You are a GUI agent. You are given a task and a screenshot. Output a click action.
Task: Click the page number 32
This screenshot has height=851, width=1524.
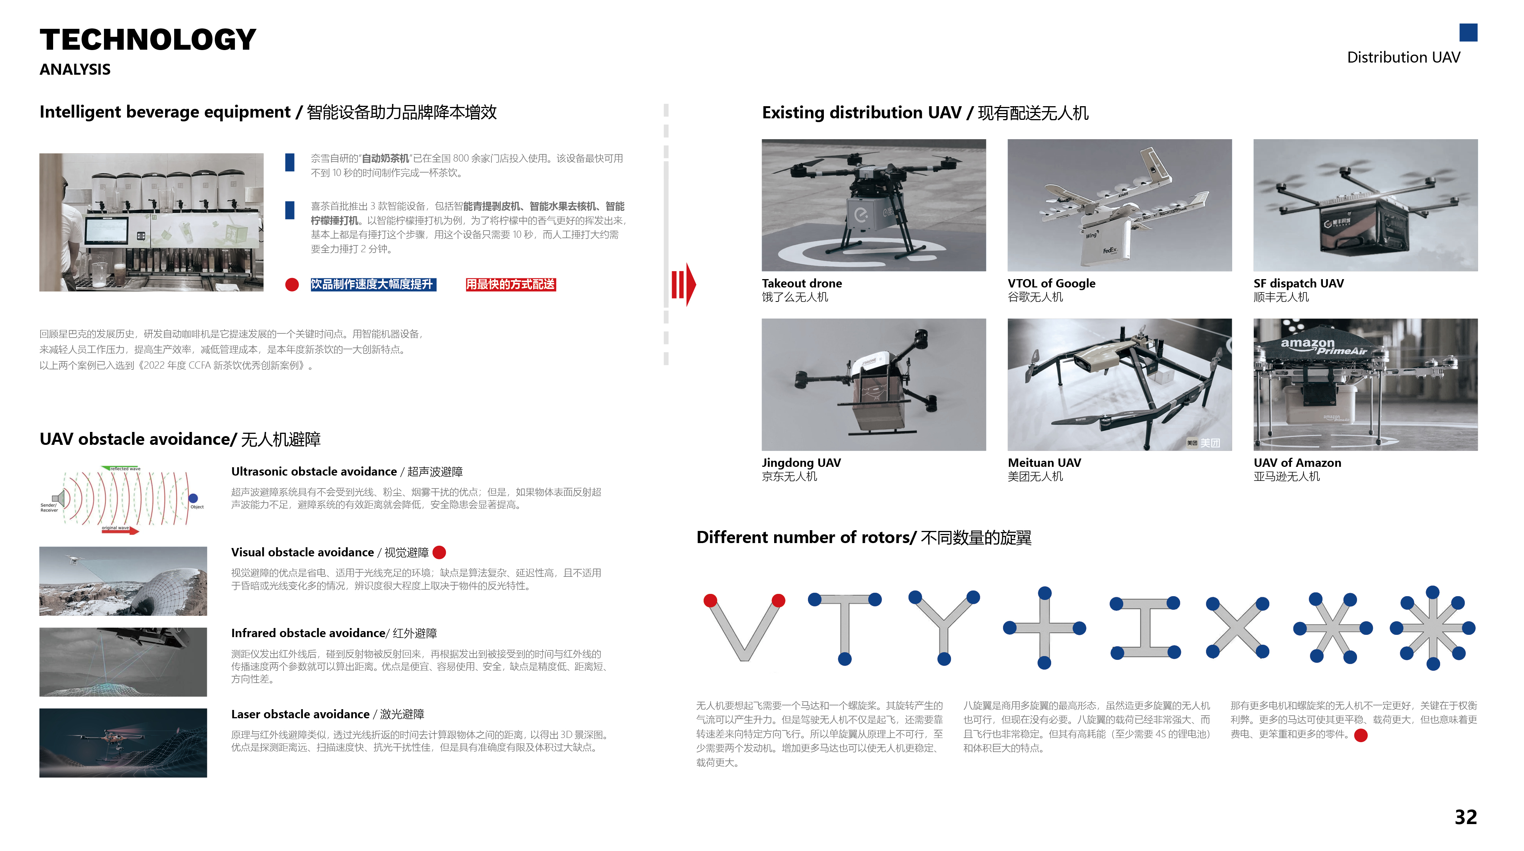(1466, 817)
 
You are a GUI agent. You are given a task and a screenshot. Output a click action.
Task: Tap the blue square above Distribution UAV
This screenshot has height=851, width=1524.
(1468, 33)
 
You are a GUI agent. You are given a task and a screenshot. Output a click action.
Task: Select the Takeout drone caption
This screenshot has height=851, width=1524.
(801, 283)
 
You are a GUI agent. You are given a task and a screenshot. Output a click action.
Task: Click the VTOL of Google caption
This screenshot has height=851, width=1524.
(1051, 283)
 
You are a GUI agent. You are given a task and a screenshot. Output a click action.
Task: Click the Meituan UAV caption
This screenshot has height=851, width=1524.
(1044, 462)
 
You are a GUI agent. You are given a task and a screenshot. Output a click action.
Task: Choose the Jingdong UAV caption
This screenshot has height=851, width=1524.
(801, 462)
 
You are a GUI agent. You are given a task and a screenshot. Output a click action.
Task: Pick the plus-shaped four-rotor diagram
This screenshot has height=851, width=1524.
(1044, 628)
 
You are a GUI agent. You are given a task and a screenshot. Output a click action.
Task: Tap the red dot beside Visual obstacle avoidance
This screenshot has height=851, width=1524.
(439, 552)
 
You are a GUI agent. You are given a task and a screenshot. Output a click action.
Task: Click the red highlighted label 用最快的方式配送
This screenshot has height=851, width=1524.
(510, 284)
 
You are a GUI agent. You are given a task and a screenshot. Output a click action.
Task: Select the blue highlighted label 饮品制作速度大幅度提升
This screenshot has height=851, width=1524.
(373, 284)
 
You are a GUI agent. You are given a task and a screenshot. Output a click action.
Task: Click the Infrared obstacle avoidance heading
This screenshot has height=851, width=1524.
(308, 633)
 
